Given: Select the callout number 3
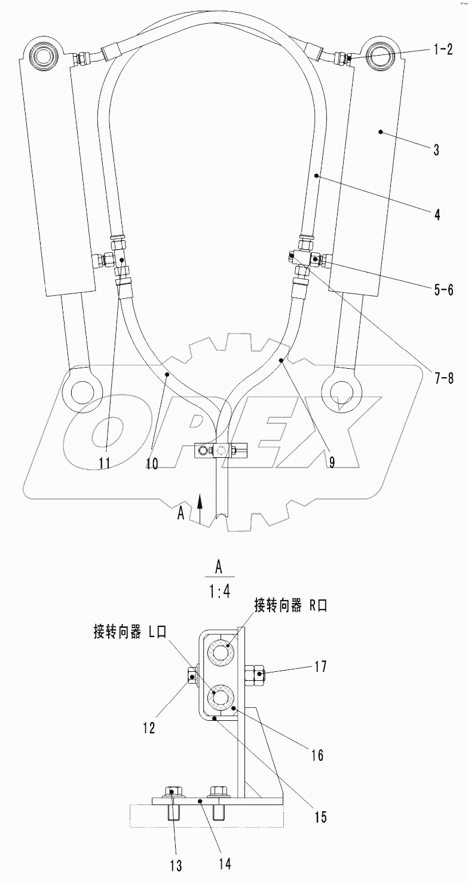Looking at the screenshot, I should coord(436,149).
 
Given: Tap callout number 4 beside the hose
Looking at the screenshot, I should coord(438,214).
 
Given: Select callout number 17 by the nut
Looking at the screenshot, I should coord(320,666).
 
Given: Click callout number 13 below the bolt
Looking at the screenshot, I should coord(176,865).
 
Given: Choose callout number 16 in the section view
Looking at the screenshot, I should coord(317,755).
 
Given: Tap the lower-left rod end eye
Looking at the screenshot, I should coord(79,393).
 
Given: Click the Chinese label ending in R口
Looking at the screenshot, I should coord(290,606).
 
